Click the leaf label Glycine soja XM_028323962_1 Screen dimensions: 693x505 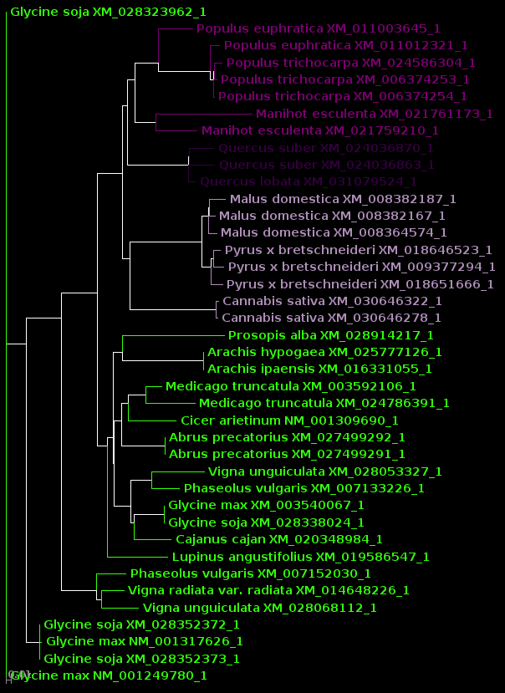coord(108,13)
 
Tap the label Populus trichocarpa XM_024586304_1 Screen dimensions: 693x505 coord(350,63)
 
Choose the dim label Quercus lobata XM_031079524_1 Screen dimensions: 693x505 coord(308,181)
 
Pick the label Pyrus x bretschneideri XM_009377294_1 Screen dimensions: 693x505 coord(361,267)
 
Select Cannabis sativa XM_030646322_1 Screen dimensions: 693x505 coord(331,301)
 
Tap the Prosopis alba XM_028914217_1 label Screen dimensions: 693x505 coord(330,335)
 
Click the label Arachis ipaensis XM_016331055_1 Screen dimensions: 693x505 coord(319,369)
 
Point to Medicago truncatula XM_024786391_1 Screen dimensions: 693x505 coord(324,403)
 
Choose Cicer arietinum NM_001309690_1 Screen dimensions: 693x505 coord(289,420)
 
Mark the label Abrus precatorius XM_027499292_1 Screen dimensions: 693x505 coord(287,437)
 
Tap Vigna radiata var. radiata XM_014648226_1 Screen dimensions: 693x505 coord(268,590)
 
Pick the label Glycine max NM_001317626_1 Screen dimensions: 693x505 coord(144,641)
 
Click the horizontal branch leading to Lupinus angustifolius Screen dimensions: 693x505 coord(137,557)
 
